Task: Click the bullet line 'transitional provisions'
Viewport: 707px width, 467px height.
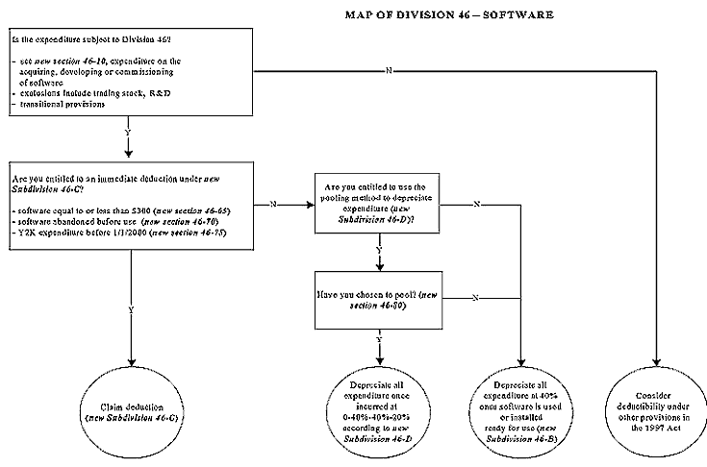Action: coord(65,104)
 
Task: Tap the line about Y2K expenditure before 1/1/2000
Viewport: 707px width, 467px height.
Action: coord(119,234)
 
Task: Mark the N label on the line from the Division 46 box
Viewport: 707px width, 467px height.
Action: coord(389,71)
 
